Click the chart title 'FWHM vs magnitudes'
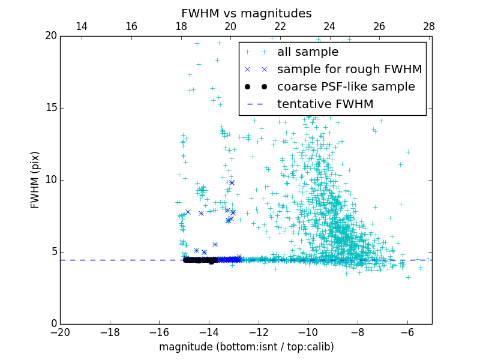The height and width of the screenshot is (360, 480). click(246, 13)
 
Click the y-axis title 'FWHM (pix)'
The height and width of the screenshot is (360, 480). click(35, 179)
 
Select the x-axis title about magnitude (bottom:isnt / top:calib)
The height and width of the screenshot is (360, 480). click(246, 347)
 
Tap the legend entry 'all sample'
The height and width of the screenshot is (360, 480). click(307, 52)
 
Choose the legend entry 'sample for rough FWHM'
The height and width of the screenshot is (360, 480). click(349, 70)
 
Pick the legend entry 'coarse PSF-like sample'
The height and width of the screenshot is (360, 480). click(346, 87)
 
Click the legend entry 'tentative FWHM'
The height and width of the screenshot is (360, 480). click(325, 104)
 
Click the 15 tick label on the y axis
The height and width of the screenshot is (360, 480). click(50, 108)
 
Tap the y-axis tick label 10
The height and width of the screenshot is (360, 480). click(50, 180)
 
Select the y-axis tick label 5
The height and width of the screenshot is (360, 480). click(53, 252)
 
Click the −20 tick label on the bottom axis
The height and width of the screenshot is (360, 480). click(60, 332)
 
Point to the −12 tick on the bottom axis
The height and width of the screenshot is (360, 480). click(259, 332)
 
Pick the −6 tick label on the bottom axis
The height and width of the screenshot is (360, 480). click(407, 332)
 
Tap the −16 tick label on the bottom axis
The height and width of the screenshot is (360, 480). click(159, 332)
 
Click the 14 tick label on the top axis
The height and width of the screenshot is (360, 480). click(82, 26)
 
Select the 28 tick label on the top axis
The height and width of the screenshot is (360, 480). click(428, 26)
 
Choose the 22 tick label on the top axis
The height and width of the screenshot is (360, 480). click(280, 26)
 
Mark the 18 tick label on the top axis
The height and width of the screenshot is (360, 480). click(181, 26)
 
